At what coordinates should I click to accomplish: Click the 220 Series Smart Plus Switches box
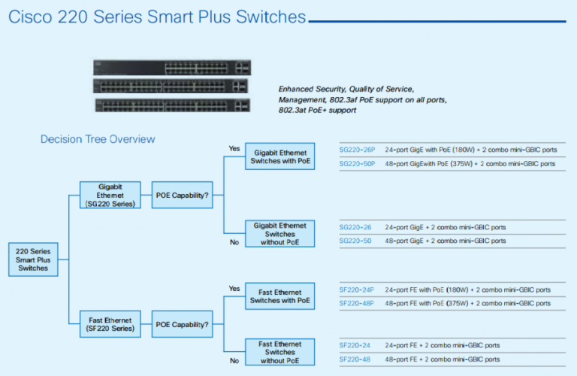(33, 259)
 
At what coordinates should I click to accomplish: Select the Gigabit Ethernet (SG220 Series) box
(110, 195)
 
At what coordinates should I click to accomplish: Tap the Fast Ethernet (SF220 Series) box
(110, 323)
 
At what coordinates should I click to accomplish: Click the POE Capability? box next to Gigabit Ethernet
(182, 195)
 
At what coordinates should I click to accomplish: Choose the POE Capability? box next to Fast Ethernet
(182, 323)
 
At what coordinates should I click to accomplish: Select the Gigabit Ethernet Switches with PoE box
(280, 157)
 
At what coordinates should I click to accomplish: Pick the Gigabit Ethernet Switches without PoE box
(280, 234)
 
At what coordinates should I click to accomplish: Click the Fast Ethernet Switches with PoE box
(280, 296)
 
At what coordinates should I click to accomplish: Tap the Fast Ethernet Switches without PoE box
(280, 352)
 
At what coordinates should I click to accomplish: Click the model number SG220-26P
(358, 149)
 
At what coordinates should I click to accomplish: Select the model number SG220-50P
(358, 163)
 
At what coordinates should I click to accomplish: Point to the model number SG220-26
(355, 227)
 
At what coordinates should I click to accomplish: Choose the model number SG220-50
(355, 241)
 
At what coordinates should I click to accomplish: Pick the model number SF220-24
(355, 345)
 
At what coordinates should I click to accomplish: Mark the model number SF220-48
(355, 359)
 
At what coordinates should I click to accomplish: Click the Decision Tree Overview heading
(98, 139)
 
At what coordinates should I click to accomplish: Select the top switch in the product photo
(172, 67)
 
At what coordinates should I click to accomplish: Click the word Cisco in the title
(31, 17)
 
